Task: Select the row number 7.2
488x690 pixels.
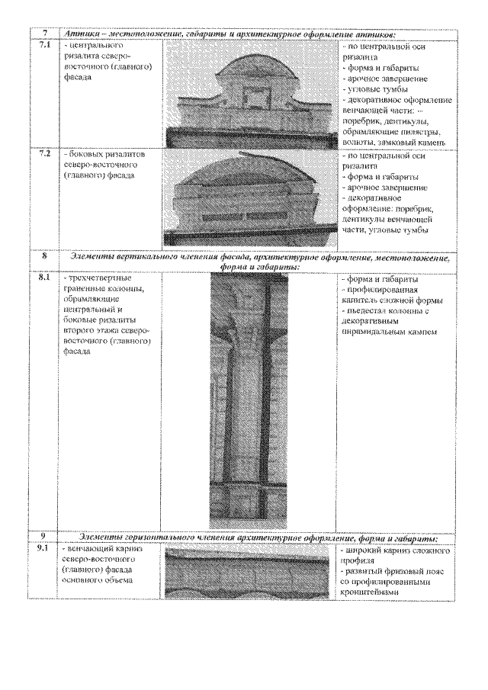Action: pos(45,154)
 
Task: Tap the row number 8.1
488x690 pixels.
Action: pos(45,278)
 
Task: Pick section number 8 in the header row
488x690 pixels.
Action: pos(45,258)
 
